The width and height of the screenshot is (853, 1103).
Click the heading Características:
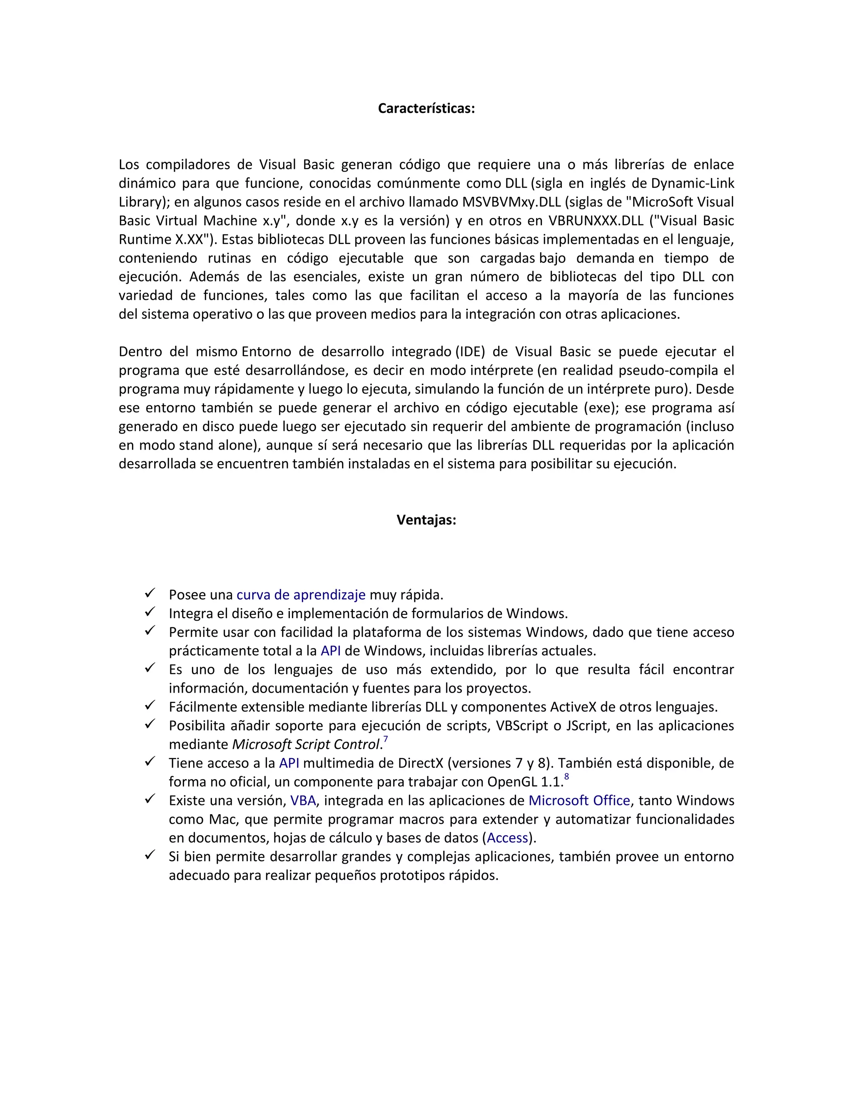coord(426,109)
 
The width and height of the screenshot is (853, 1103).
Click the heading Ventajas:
coord(426,520)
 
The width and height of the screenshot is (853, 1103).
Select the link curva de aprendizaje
coord(301,595)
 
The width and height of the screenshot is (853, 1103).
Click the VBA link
coord(303,800)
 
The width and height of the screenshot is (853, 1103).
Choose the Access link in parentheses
coord(507,838)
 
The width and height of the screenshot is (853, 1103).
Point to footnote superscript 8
coord(566,777)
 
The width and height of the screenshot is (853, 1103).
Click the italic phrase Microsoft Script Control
coord(305,745)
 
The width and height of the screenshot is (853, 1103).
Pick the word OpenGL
coord(512,782)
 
